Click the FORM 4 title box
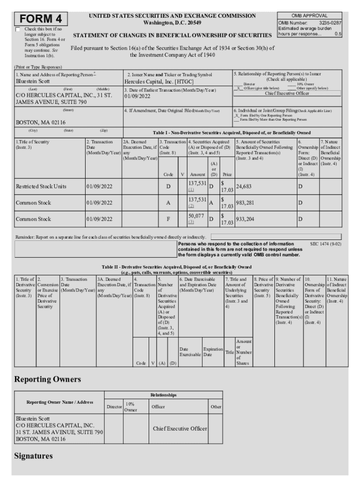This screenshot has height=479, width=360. [41, 19]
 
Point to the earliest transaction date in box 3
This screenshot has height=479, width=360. [137, 96]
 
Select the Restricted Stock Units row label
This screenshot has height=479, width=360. [41, 186]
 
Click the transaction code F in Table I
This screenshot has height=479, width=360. [168, 219]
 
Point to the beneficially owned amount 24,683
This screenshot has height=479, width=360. [245, 186]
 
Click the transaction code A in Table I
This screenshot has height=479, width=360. [168, 203]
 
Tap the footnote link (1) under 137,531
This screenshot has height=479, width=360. [191, 190]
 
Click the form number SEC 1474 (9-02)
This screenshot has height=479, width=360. [325, 244]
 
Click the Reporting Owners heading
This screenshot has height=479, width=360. [47, 378]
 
